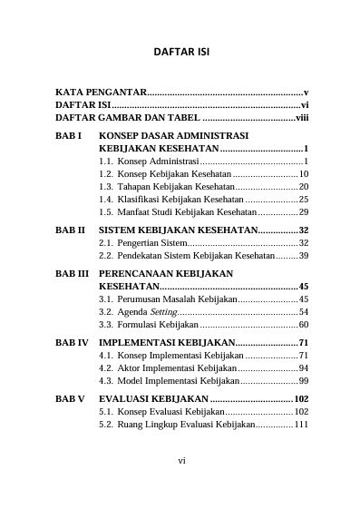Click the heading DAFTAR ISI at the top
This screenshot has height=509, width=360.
pyautogui.click(x=181, y=53)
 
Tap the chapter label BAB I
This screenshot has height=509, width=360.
pyautogui.click(x=69, y=134)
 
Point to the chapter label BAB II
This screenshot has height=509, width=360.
pyautogui.click(x=71, y=230)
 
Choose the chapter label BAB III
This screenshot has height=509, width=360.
pyautogui.click(x=73, y=272)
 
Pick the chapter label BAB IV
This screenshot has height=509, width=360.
pyautogui.click(x=73, y=342)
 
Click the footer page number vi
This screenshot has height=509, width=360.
pyautogui.click(x=181, y=461)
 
